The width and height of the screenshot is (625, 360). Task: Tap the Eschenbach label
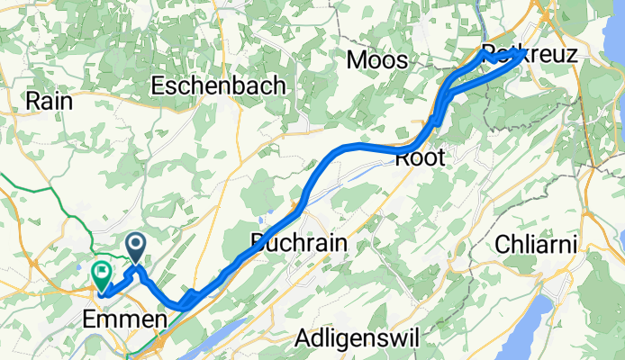(219, 86)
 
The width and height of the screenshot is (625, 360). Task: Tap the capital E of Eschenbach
(159, 86)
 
